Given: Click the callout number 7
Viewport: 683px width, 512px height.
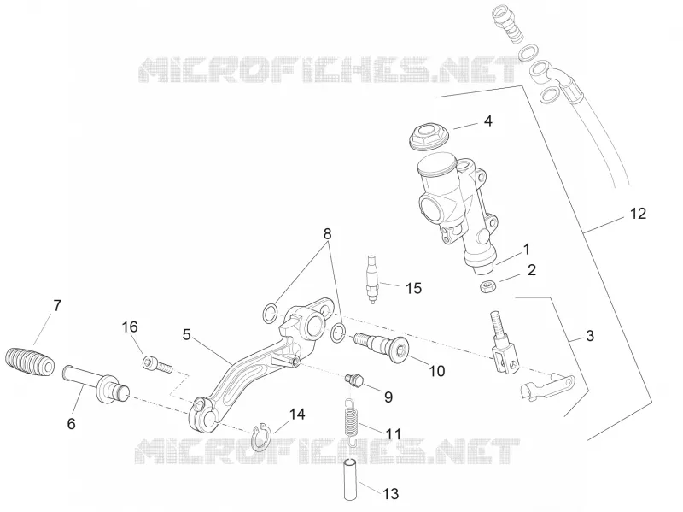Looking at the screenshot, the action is pos(57,306).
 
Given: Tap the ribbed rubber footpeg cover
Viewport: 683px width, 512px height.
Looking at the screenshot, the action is pos(30,361).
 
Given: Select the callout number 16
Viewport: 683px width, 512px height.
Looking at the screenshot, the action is pos(130,327).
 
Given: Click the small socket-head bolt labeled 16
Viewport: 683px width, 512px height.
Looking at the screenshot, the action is pos(157,365).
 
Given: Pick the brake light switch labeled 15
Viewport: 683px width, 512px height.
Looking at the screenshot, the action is pos(371,280).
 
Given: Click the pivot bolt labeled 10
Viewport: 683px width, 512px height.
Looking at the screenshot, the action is pos(382,345).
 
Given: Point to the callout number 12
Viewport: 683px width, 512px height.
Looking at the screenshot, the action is pos(638,214).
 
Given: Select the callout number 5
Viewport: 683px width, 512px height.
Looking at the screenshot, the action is pos(186,335).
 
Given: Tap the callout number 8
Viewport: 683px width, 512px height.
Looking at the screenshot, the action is pos(327,233).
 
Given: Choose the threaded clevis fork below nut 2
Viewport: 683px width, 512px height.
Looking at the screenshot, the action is pos(504,343).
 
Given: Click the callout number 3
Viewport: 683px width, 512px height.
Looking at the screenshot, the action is pos(590,336).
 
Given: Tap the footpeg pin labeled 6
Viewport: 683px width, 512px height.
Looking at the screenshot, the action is pos(96,385).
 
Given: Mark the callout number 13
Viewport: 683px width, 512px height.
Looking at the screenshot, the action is pos(391,494).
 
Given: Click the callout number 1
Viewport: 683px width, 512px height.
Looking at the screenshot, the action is pos(527,250).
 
